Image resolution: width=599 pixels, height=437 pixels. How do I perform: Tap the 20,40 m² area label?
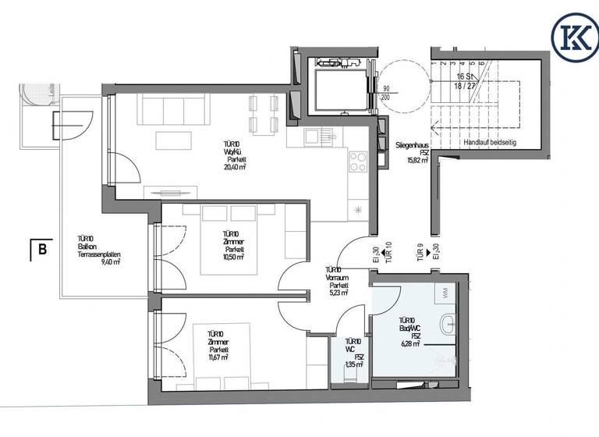[230, 166]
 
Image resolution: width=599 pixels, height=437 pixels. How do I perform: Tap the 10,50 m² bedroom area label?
[230, 256]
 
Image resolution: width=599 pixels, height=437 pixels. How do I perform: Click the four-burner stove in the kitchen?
[358, 162]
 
